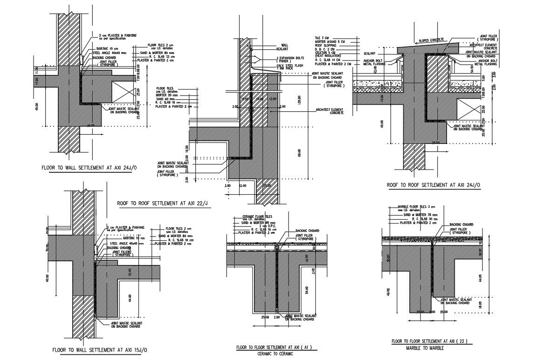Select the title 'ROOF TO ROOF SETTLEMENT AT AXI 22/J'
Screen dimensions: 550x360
pos(162,203)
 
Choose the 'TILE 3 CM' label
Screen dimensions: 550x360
pos(322,37)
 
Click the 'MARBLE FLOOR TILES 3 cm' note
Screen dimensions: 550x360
pos(416,206)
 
